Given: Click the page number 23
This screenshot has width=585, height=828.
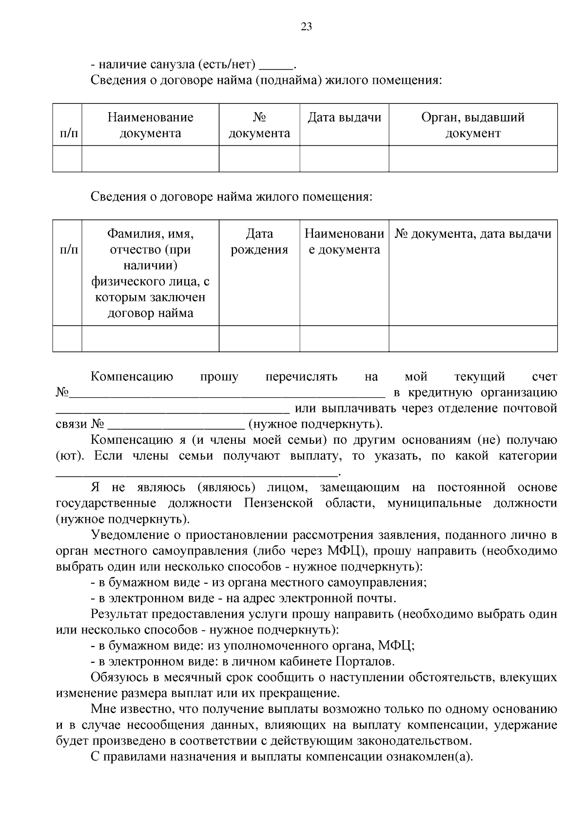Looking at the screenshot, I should click(x=306, y=27).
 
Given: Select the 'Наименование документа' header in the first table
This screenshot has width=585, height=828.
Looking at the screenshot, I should click(x=150, y=125).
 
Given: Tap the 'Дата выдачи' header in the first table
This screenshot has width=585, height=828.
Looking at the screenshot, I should click(x=344, y=118).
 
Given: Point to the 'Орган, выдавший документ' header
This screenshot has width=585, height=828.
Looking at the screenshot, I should click(x=473, y=125).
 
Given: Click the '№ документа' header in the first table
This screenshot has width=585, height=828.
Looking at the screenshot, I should click(x=259, y=125).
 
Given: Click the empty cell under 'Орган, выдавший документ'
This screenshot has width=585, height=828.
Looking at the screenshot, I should click(x=473, y=158).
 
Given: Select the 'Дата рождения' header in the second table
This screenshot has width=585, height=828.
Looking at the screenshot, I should click(x=259, y=242).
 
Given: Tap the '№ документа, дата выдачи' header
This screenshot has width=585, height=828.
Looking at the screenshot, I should click(x=473, y=234).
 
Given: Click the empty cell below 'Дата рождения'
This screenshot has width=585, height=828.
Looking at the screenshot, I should click(x=259, y=338).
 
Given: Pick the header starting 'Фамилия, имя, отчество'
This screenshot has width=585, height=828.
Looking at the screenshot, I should click(x=150, y=273).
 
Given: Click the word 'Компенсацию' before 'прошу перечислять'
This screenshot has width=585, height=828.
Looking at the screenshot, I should click(x=132, y=377).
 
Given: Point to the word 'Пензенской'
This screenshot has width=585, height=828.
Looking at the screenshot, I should click(x=278, y=503).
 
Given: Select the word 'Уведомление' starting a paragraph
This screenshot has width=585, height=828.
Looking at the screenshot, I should click(x=128, y=535).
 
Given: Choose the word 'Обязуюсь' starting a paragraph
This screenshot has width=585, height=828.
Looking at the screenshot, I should click(x=116, y=678).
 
